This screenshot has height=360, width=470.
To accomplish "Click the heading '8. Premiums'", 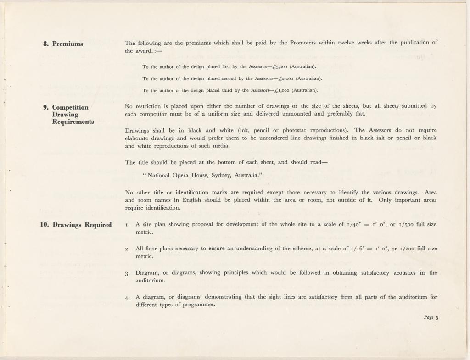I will point(63,44).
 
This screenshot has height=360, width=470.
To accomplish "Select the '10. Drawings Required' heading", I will point(75,225).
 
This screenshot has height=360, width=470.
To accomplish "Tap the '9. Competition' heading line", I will point(66,107).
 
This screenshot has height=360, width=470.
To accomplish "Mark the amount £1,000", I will point(281,90).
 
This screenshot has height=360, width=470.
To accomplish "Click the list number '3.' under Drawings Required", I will point(128,273).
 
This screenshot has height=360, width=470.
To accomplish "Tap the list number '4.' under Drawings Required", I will point(128,297).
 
